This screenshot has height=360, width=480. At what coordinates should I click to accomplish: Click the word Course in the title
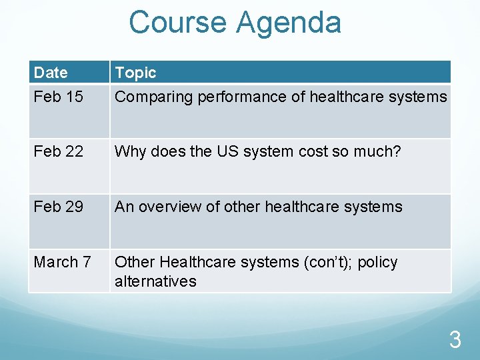[x=179, y=22]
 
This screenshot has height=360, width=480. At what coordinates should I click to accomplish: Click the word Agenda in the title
[x=288, y=22]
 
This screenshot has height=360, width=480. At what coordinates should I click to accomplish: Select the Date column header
[x=51, y=73]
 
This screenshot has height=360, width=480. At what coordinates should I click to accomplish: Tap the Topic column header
[x=135, y=73]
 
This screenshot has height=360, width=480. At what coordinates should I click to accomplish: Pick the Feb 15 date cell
[x=58, y=97]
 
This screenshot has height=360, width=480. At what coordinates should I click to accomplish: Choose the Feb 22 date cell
[x=58, y=151]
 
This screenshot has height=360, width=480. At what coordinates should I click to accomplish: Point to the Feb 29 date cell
[x=58, y=207]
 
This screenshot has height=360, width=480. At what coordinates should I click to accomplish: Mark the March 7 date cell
[x=62, y=262]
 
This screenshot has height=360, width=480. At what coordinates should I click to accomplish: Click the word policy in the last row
[x=377, y=262]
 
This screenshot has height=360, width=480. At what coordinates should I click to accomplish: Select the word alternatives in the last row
[x=155, y=281]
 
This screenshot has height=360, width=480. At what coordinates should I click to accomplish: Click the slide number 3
[x=455, y=341]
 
